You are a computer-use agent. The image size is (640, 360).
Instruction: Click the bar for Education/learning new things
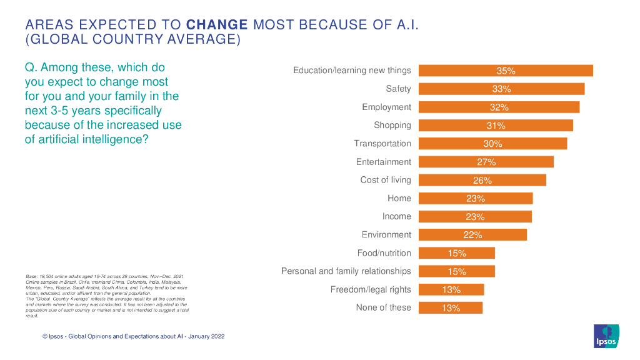[505, 71]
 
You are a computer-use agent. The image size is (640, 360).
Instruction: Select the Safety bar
[501, 89]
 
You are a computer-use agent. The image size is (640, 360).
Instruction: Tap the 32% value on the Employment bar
[499, 107]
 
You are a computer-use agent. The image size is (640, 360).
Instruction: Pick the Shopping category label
[392, 125]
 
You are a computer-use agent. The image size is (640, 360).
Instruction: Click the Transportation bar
[492, 144]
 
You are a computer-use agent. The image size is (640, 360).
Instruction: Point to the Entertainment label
[384, 162]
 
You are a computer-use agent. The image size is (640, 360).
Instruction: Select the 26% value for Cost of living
[482, 181]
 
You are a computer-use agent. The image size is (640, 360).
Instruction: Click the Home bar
[475, 199]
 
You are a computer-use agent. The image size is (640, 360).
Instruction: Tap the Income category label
[397, 216]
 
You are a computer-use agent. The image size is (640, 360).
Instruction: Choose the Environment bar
[472, 235]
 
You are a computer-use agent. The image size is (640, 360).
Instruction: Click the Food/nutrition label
[384, 253]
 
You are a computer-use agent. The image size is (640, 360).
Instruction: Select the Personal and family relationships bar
[456, 271]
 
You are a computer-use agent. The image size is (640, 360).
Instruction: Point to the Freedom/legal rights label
[371, 289]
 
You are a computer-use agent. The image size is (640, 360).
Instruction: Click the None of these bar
[451, 307]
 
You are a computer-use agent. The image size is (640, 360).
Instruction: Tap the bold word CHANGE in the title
[217, 25]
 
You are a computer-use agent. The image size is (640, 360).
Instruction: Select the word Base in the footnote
[31, 276]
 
